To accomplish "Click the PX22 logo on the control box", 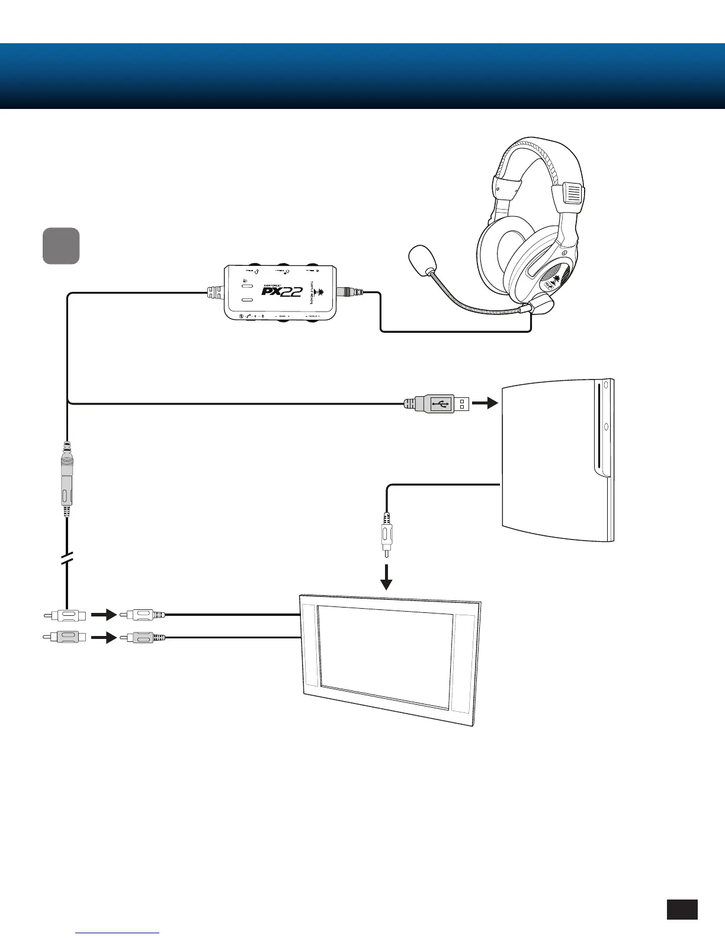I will [x=283, y=291].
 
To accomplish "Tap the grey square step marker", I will [x=61, y=246].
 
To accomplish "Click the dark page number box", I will [x=682, y=910].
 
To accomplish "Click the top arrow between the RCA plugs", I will [x=104, y=615].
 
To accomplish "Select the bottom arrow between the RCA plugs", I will [x=104, y=638].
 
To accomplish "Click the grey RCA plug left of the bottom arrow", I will [x=64, y=638].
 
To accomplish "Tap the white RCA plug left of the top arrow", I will [x=64, y=615].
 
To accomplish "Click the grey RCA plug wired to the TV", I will [x=142, y=638].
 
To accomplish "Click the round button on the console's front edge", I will [x=606, y=426].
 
